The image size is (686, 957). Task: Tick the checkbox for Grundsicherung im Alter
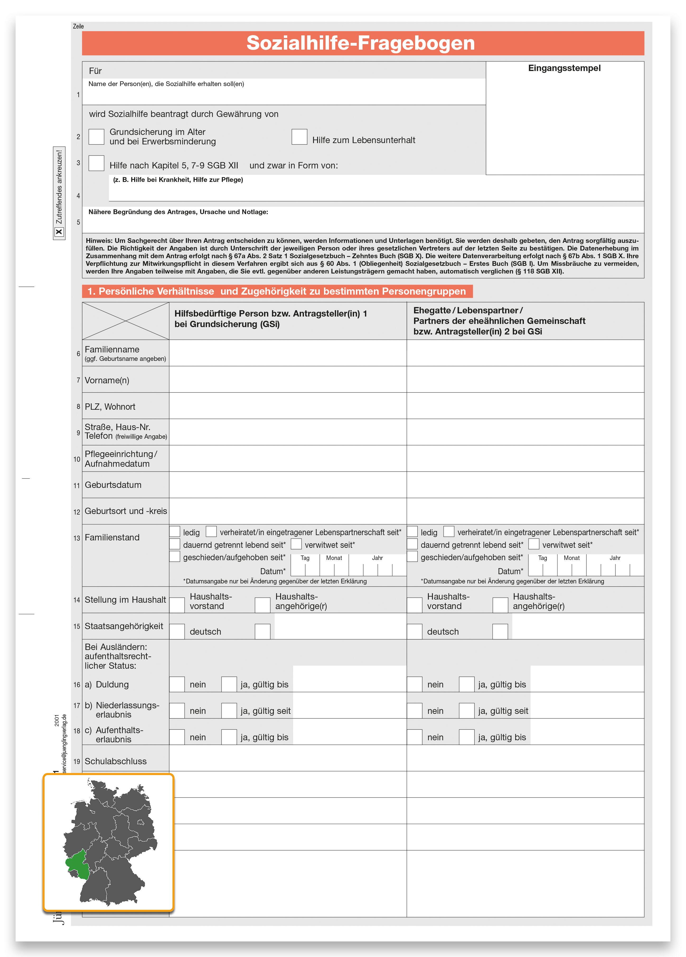pos(96,137)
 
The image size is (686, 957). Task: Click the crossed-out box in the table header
pos(125,321)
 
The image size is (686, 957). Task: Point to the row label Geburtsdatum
pos(113,485)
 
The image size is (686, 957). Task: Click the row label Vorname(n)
pos(107,380)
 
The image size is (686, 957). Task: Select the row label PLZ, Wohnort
pos(110,407)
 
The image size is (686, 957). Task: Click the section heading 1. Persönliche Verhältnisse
pos(276,291)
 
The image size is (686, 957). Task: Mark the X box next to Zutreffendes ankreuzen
pos(59,232)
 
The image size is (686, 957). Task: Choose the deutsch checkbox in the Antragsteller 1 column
pos(177,631)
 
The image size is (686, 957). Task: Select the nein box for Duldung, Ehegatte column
pos(415,684)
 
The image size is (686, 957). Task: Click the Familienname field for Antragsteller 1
pos(288,353)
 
